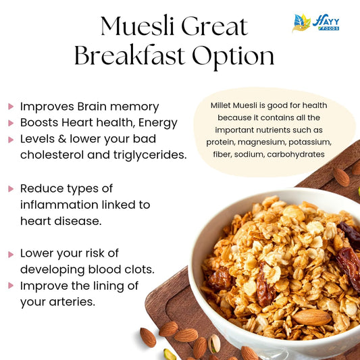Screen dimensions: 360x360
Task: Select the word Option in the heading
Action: tap(234, 57)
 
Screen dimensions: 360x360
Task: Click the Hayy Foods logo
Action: tap(315, 24)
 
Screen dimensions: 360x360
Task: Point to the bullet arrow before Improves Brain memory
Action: tap(11, 107)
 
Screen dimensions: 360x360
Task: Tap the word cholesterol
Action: tap(57, 155)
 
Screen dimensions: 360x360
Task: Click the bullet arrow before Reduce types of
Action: tap(11, 188)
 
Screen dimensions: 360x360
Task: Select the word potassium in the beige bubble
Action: tap(310, 142)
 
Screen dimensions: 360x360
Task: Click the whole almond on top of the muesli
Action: tap(313, 317)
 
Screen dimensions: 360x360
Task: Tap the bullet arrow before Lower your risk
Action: tap(11, 254)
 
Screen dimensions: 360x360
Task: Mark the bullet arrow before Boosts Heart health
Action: tap(11, 123)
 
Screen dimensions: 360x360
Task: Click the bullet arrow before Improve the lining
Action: tap(11, 286)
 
